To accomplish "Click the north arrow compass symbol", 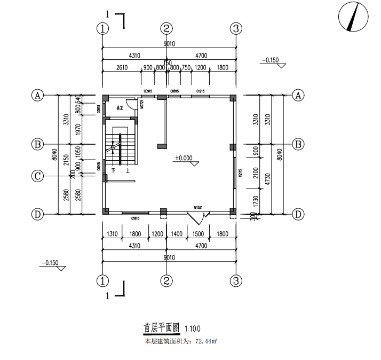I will tap(354, 18).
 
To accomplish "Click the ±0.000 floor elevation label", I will tap(184, 158).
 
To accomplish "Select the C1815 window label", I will tap(136, 218).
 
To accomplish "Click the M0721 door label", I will tap(142, 105).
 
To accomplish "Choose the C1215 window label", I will tap(201, 91).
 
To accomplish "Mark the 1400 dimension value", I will tap(177, 233).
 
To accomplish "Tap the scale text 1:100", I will tap(193, 328).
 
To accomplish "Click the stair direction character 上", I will tap(128, 171).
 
